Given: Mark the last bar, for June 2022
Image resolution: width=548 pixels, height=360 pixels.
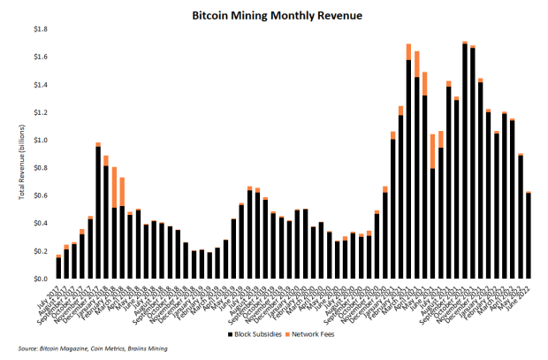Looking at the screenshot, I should tap(529, 236).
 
